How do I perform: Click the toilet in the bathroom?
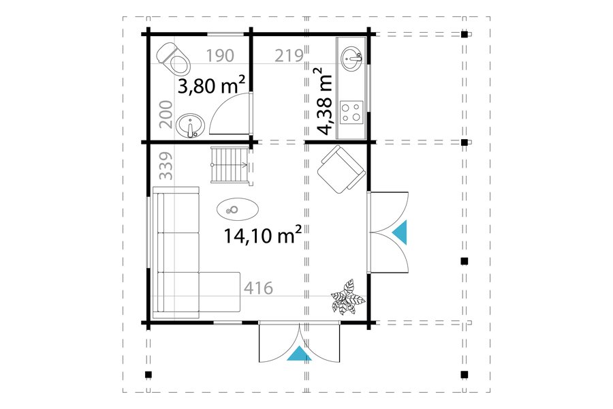click(174, 59)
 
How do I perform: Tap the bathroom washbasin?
click(191, 125)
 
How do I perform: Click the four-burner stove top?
click(351, 112)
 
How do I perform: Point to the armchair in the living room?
click(341, 169)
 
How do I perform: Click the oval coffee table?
click(238, 209)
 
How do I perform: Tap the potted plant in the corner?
click(347, 297)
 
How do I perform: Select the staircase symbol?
click(230, 165)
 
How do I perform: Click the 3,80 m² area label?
click(211, 85)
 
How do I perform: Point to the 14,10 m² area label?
click(262, 235)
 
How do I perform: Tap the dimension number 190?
click(220, 56)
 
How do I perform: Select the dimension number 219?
click(289, 56)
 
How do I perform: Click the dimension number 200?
click(166, 115)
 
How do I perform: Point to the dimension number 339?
click(166, 166)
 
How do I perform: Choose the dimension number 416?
click(258, 288)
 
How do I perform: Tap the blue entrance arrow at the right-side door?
click(400, 232)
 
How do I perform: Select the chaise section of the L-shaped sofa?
click(219, 292)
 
